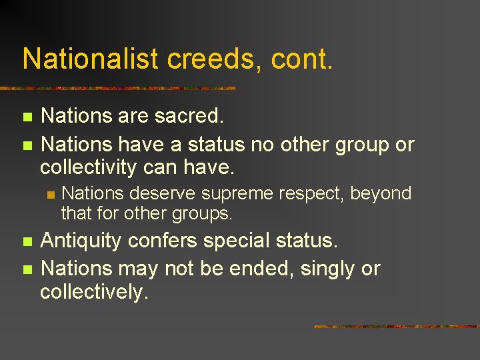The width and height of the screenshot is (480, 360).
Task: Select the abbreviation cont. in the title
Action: click(301, 60)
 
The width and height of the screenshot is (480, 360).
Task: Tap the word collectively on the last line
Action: click(94, 292)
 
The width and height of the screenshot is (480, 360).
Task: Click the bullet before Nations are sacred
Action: click(27, 117)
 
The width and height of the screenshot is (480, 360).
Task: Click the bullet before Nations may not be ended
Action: click(27, 270)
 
